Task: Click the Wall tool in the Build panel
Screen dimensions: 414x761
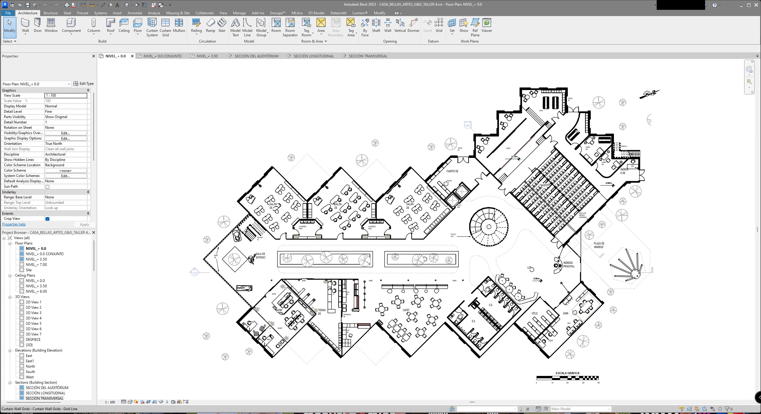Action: (25, 25)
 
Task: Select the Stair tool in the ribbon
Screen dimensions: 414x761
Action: (222, 25)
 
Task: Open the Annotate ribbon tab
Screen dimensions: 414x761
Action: (135, 13)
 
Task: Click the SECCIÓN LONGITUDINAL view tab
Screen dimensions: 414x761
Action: (313, 56)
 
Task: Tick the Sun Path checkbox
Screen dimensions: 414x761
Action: (47, 187)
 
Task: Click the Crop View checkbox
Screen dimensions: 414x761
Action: (47, 219)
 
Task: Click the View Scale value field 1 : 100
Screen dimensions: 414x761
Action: (66, 95)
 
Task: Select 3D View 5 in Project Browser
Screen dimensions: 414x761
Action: (33, 324)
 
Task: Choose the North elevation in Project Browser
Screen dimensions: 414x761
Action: (30, 366)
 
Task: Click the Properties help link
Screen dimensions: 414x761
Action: (14, 224)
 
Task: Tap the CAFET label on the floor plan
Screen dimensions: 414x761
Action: (406, 310)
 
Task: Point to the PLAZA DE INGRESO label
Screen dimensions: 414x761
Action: (599, 245)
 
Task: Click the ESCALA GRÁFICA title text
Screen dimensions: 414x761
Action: (567, 373)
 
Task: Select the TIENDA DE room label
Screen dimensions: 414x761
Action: (321, 312)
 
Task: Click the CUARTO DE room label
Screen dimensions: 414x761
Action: (452, 171)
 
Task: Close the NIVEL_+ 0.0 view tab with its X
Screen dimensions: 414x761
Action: (132, 56)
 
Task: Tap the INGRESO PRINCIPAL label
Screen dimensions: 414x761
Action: (568, 264)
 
